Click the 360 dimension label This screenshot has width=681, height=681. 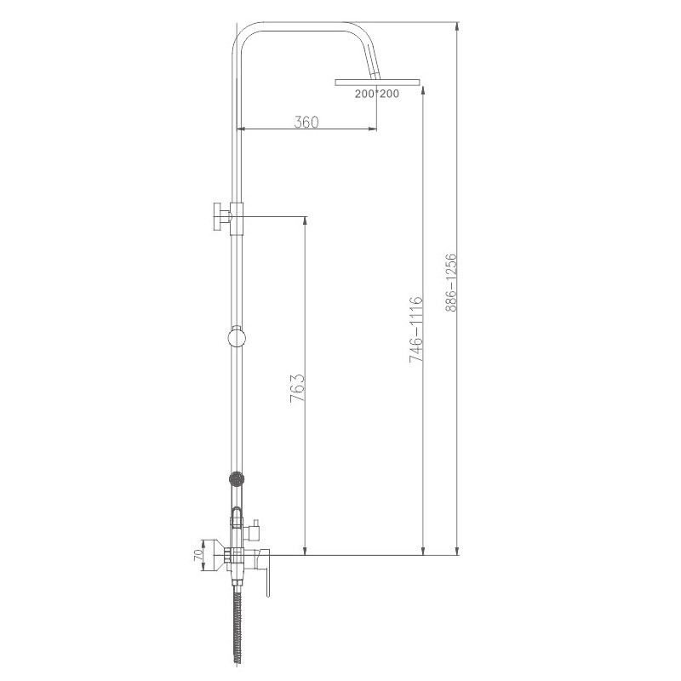[306, 122]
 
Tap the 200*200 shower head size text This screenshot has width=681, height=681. [376, 94]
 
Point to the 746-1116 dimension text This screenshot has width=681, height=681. [415, 329]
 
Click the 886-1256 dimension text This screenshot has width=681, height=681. [452, 283]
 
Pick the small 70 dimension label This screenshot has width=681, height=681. [198, 555]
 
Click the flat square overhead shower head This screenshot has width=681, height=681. [377, 82]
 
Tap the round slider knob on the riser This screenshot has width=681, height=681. [237, 337]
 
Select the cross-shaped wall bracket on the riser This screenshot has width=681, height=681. [227, 218]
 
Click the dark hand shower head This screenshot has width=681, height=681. [236, 479]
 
